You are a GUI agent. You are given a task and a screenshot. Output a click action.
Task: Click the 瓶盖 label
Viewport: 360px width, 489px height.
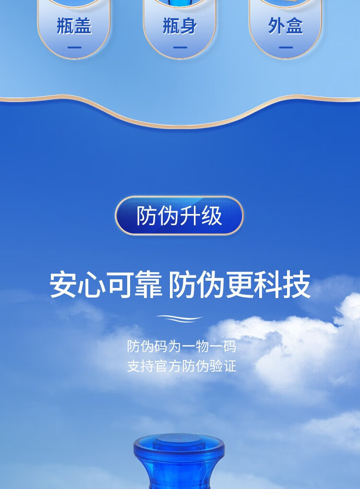(74, 26)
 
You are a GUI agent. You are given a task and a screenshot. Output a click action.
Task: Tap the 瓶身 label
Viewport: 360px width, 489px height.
(180, 26)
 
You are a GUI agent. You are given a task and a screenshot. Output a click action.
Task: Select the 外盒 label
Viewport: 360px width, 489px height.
(286, 26)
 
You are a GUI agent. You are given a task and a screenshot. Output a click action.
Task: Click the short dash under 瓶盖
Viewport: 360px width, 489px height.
(74, 48)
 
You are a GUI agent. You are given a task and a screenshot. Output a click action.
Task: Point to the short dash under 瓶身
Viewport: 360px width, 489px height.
(180, 48)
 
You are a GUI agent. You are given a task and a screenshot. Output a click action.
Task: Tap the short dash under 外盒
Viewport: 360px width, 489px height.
(286, 48)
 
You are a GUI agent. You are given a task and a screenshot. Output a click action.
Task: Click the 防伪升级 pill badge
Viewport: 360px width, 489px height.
(180, 215)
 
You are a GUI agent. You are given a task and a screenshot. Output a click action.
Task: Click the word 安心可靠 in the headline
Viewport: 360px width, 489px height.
(106, 285)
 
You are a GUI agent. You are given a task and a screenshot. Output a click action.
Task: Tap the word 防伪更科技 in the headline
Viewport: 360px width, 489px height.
(239, 285)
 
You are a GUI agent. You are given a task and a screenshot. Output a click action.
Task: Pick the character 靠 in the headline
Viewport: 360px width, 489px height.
(148, 285)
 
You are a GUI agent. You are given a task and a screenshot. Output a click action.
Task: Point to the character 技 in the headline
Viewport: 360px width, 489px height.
(297, 285)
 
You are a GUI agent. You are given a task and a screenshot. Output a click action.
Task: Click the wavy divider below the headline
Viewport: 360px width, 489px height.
(180, 319)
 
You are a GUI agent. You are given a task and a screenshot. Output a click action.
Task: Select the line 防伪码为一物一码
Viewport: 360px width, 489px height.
(181, 346)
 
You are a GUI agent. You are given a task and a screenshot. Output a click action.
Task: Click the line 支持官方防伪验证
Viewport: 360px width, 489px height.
(181, 366)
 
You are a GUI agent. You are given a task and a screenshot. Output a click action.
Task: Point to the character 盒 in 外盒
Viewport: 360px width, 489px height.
(295, 26)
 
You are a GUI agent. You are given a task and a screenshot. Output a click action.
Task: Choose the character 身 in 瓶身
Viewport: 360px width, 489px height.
(189, 26)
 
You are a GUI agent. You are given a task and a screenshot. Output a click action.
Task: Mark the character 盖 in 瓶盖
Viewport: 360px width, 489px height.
(83, 26)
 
